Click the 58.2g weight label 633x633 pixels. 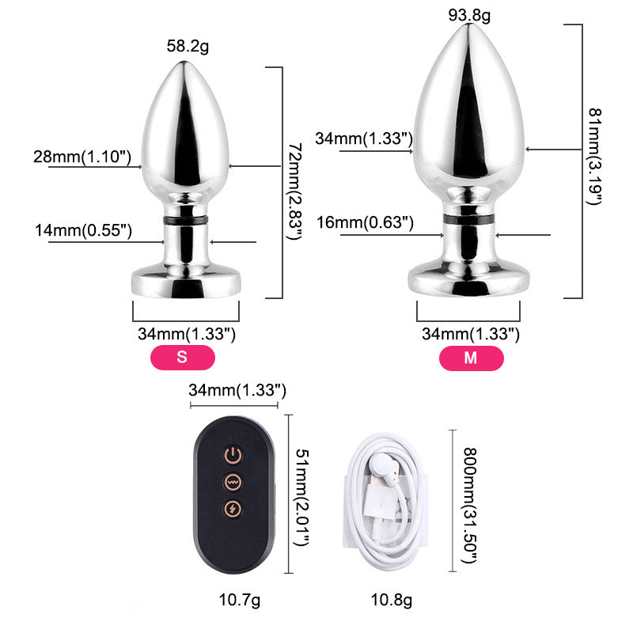(188, 46)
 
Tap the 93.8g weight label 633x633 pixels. (469, 15)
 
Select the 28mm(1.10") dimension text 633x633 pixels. (82, 157)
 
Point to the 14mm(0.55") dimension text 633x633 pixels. (83, 230)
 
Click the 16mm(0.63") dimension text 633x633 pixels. (365, 222)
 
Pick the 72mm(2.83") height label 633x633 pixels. (294, 191)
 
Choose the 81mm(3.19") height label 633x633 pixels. (594, 157)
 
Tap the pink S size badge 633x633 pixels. (183, 358)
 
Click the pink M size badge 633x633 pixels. (471, 358)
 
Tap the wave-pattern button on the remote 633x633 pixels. (233, 482)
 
